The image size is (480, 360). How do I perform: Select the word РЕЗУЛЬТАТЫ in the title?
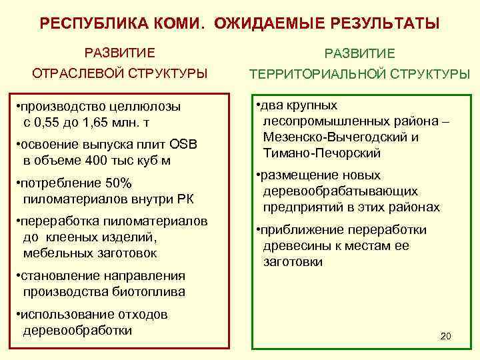pyautogui.click(x=383, y=24)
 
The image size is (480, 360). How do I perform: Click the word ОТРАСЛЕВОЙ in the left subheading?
pyautogui.click(x=65, y=73)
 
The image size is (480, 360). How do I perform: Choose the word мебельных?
pyautogui.click(x=56, y=253)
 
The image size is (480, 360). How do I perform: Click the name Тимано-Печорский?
pyautogui.click(x=321, y=153)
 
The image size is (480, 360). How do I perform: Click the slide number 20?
pyautogui.click(x=446, y=336)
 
